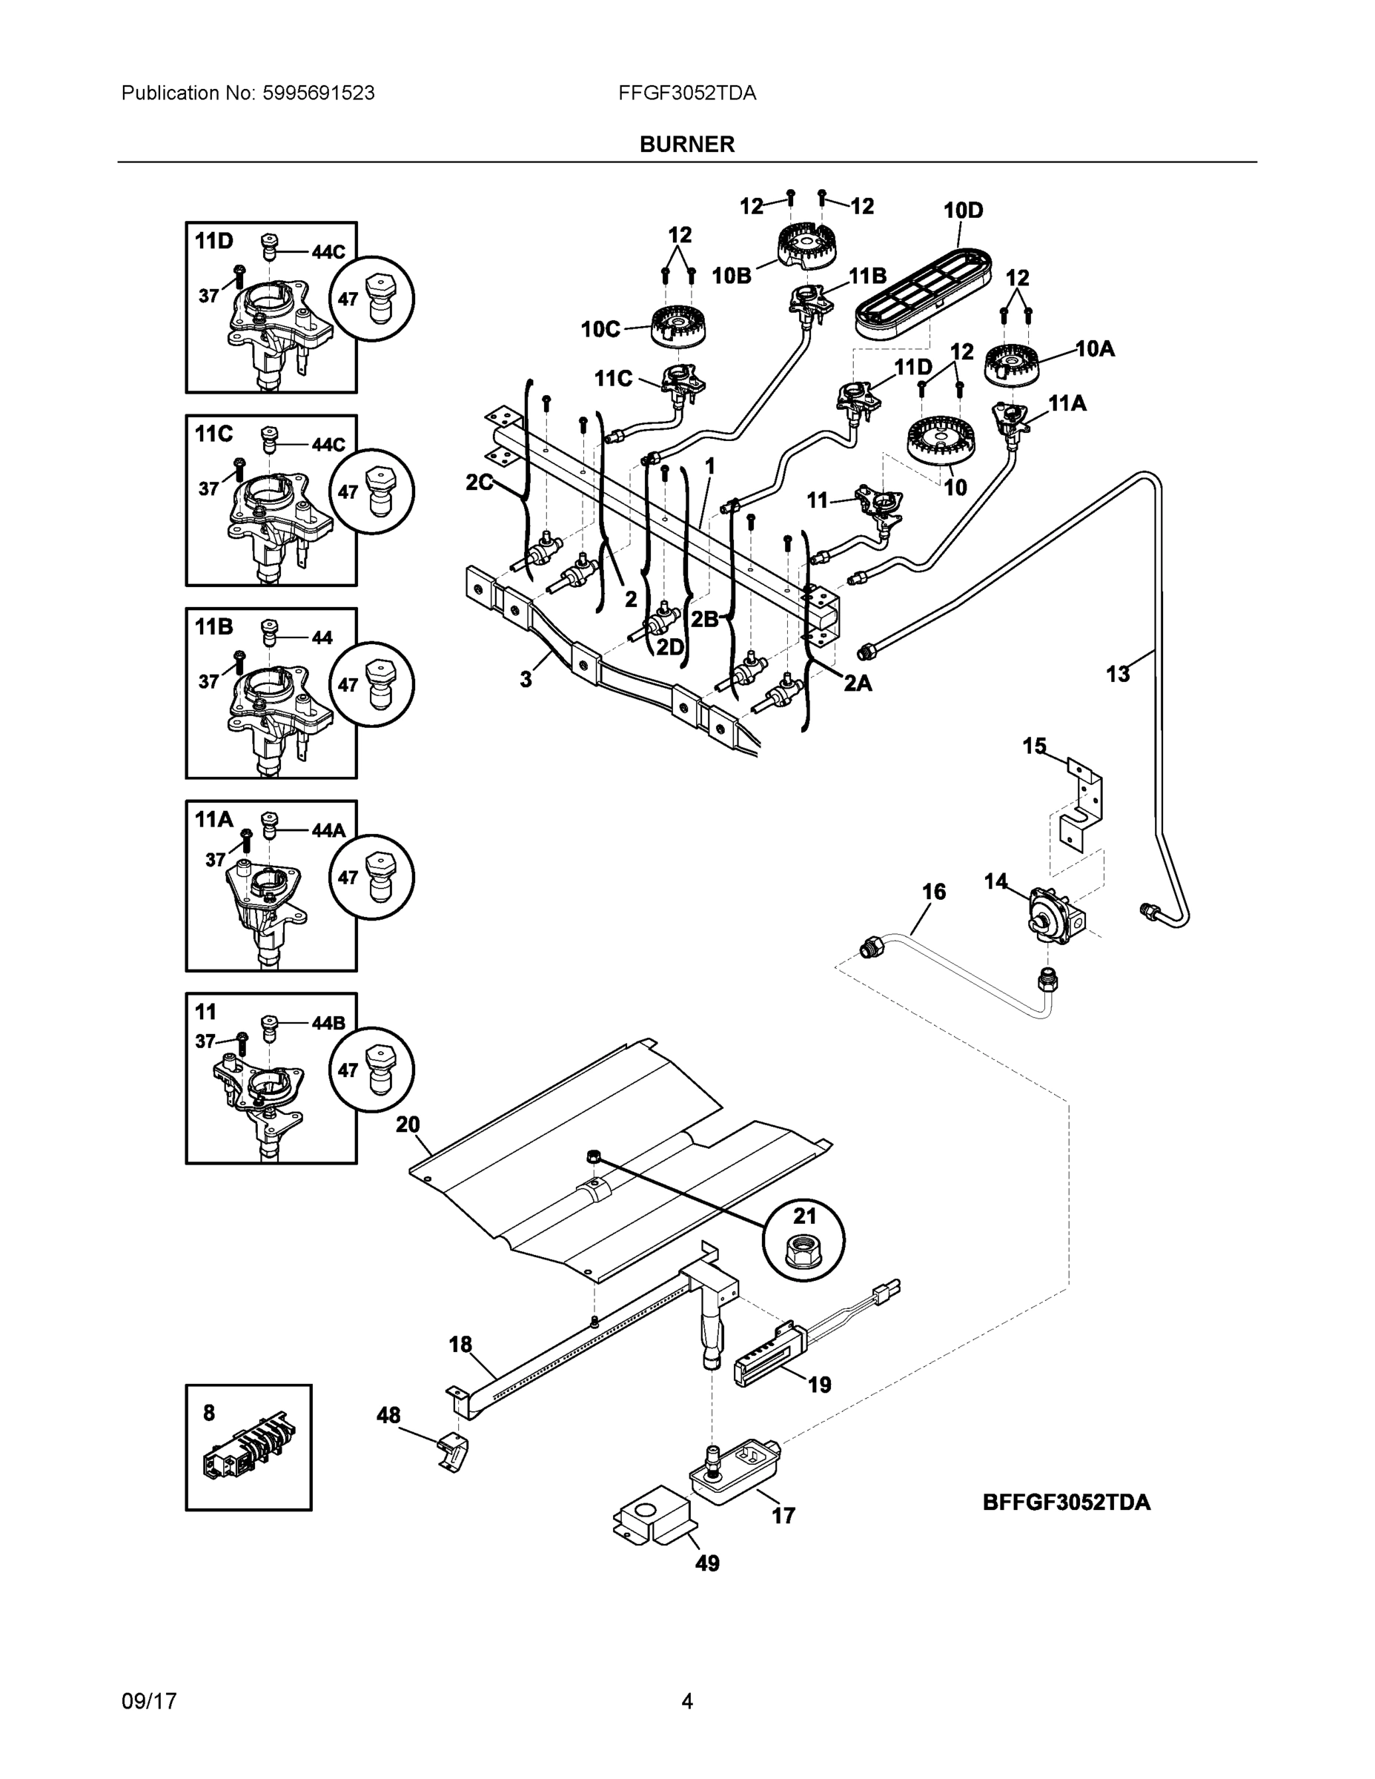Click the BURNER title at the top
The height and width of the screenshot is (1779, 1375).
(x=686, y=145)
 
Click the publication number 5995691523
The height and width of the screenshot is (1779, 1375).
(x=319, y=93)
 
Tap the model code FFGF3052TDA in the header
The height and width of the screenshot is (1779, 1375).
(x=686, y=93)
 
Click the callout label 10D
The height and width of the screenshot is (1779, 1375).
(x=964, y=211)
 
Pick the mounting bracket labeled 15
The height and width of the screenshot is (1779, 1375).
(x=1081, y=808)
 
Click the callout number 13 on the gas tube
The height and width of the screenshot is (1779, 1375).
(x=1119, y=675)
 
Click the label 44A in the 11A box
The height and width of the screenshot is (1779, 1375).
(x=328, y=830)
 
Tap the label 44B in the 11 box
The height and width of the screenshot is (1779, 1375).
(x=328, y=1023)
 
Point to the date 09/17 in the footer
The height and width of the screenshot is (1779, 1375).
(x=149, y=1701)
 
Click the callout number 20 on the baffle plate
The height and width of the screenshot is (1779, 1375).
(x=408, y=1125)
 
